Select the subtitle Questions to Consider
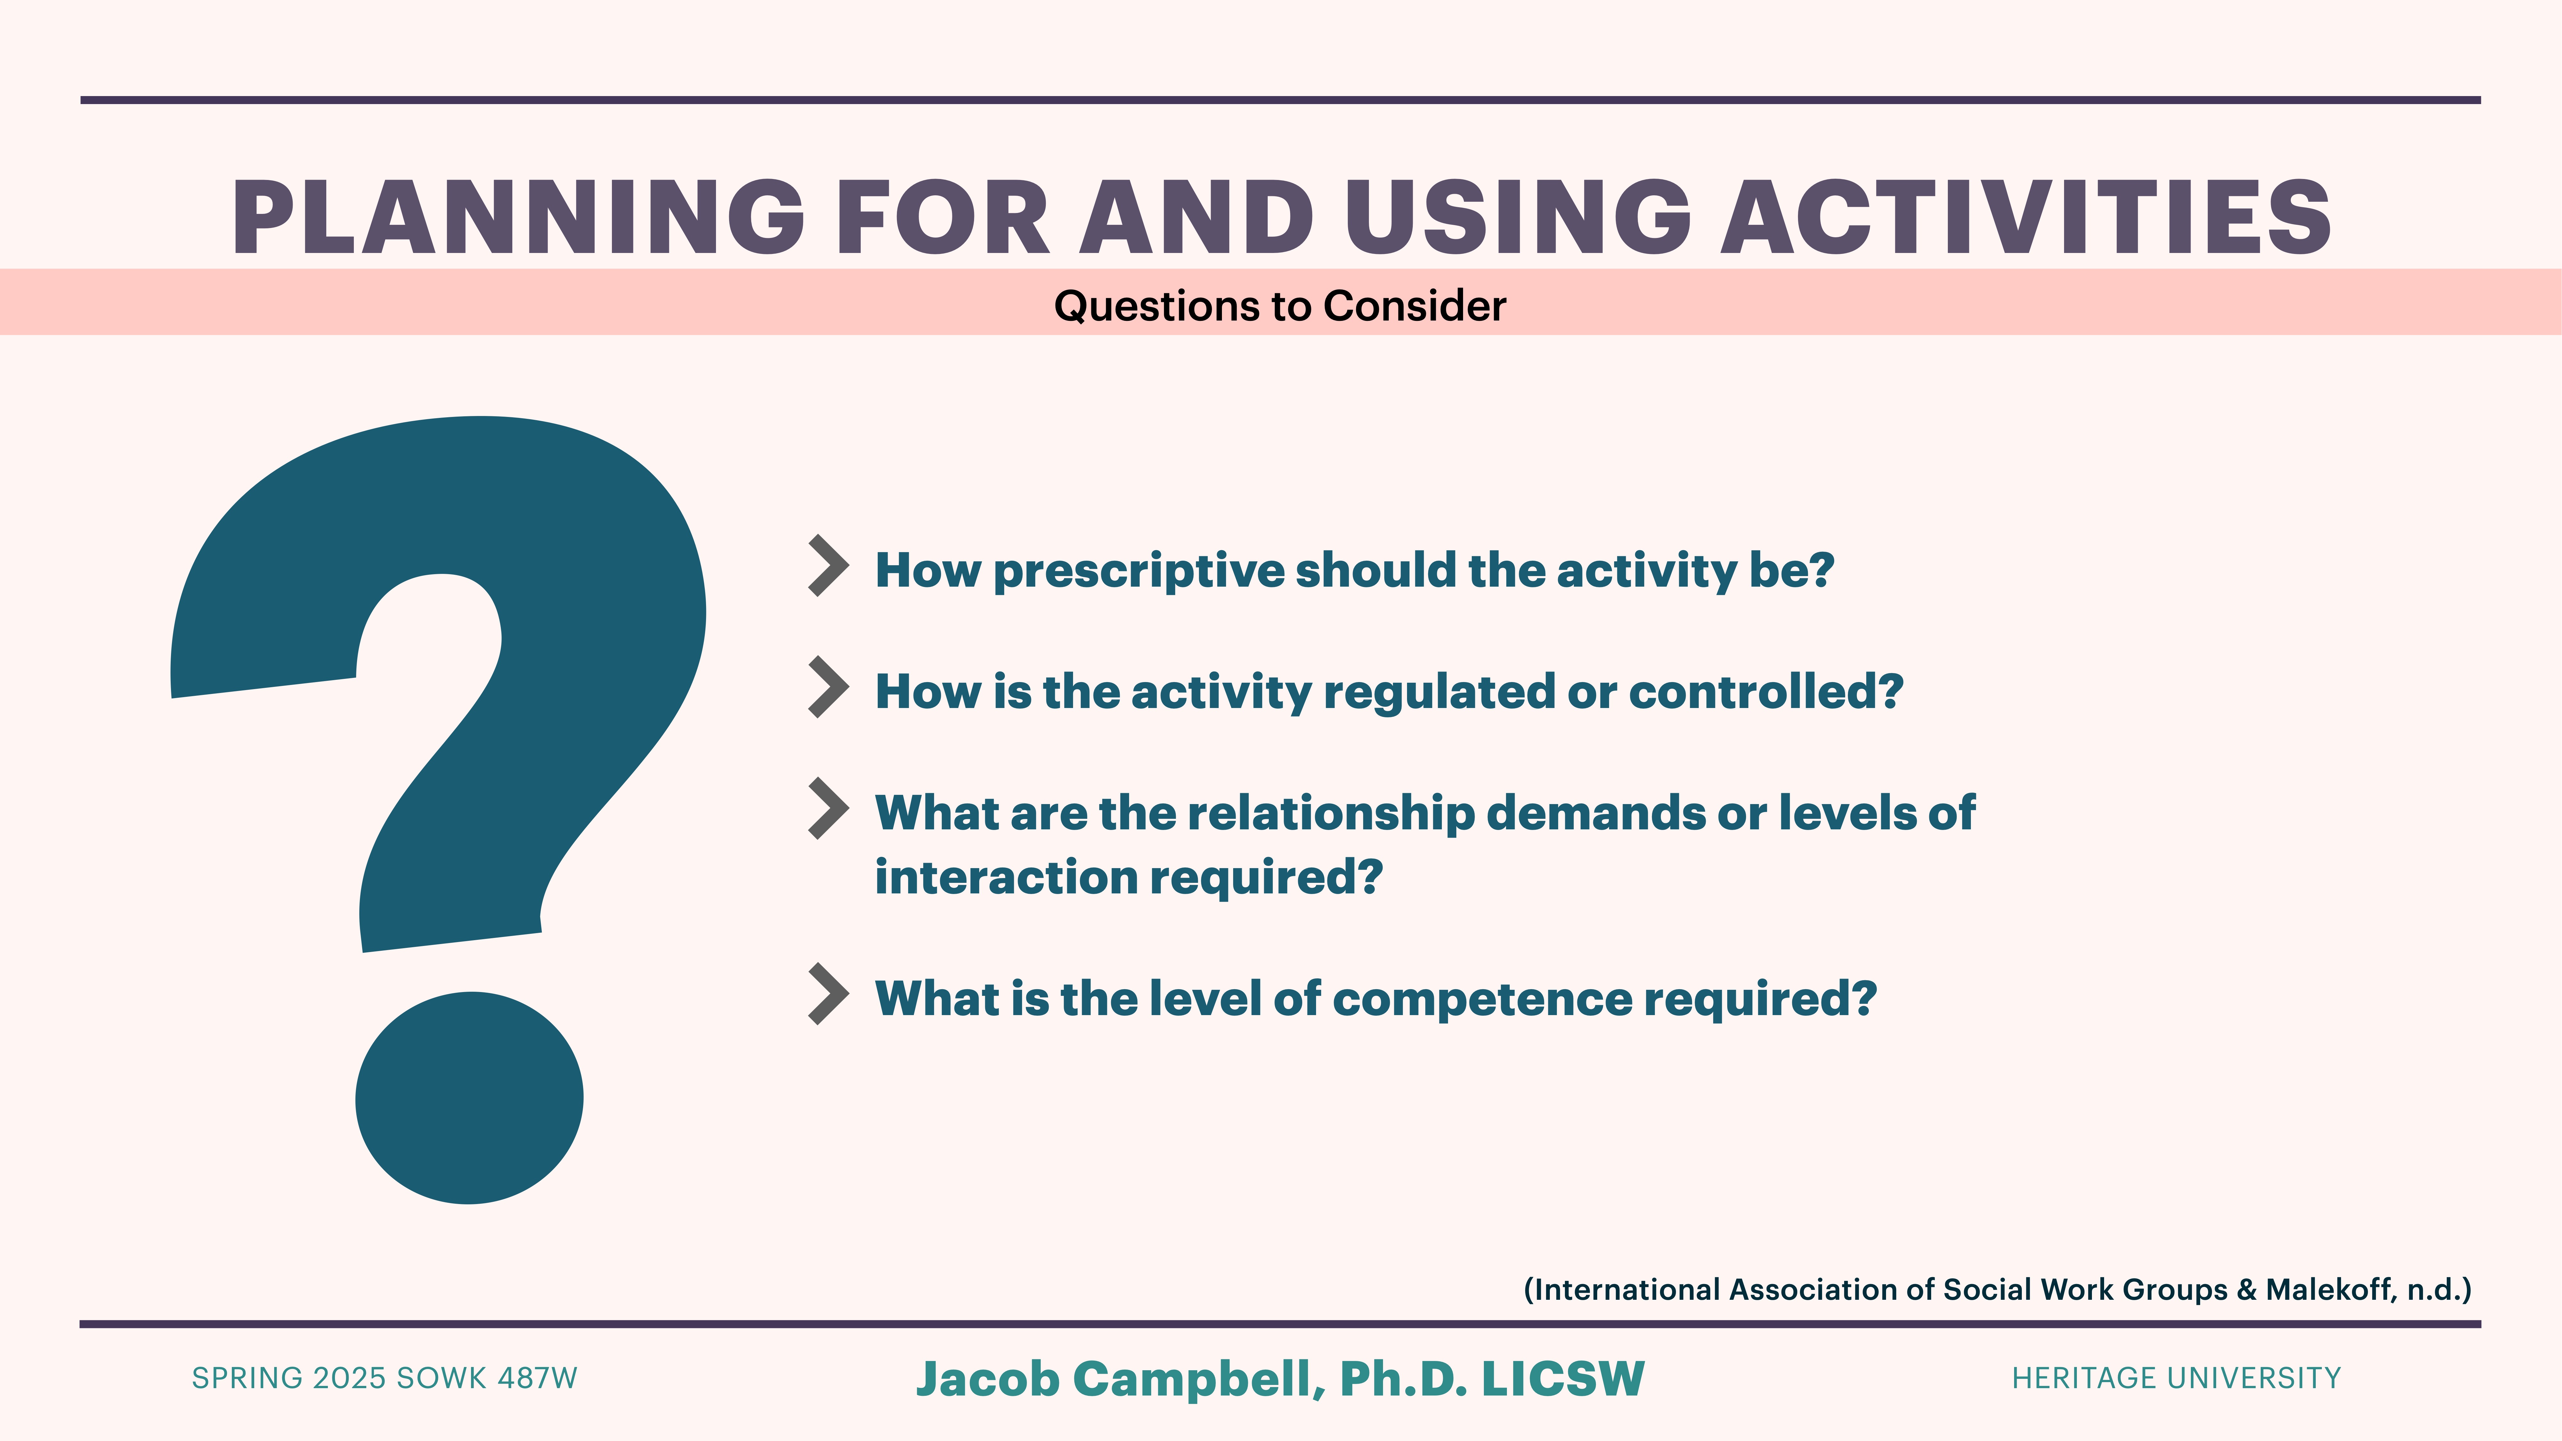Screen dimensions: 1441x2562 1280,305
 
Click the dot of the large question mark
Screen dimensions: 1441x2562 468,1098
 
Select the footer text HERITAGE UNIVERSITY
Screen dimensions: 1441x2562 2176,1378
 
